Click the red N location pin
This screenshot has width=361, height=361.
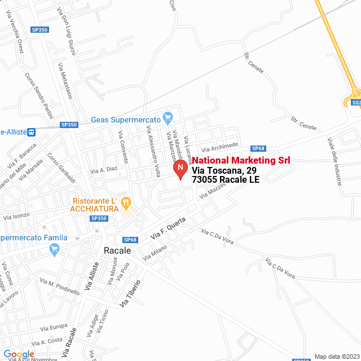[x=179, y=168]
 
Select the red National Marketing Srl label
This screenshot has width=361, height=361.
[x=241, y=161]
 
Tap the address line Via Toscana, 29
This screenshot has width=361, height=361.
[x=224, y=170]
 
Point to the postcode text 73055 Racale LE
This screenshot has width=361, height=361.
[x=226, y=180]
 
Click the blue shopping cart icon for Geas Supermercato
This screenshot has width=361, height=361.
[x=167, y=118]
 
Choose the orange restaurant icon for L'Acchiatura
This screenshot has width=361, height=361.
[x=126, y=201]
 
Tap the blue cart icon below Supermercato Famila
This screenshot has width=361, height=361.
[x=54, y=249]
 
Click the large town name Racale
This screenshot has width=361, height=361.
[x=117, y=250]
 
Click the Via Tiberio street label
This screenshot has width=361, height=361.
[x=130, y=293]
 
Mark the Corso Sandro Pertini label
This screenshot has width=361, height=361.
[x=38, y=95]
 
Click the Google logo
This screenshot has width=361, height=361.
[x=19, y=354]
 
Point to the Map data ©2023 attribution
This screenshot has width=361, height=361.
[x=336, y=356]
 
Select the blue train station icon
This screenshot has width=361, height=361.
[x=32, y=132]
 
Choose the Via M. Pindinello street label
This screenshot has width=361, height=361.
[x=60, y=286]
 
